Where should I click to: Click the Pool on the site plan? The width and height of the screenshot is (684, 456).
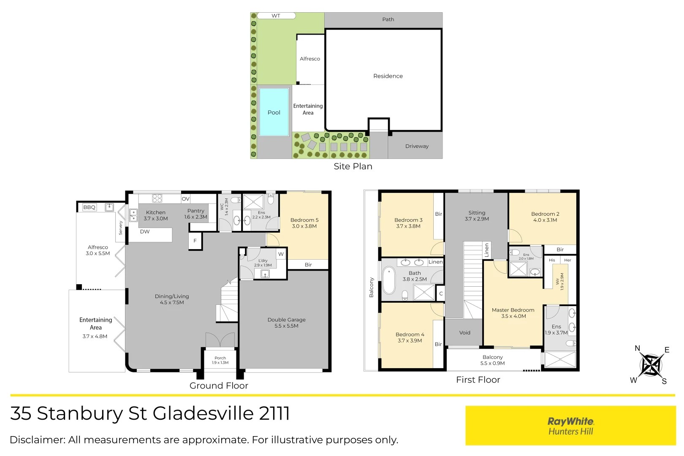(274, 112)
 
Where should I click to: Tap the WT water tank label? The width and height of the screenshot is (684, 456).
(276, 16)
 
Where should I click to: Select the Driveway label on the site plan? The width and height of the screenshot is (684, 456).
(417, 146)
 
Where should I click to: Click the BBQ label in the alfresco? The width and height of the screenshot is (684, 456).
(90, 207)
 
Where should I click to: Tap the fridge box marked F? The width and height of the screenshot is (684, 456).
(195, 241)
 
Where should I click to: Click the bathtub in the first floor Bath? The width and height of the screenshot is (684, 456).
(388, 281)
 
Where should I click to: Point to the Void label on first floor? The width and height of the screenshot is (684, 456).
(464, 333)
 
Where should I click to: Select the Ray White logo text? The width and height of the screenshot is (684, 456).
(570, 421)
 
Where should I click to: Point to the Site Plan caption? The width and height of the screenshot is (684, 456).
(353, 166)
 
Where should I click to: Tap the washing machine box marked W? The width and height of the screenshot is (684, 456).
(281, 254)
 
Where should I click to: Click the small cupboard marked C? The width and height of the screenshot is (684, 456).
(441, 293)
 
